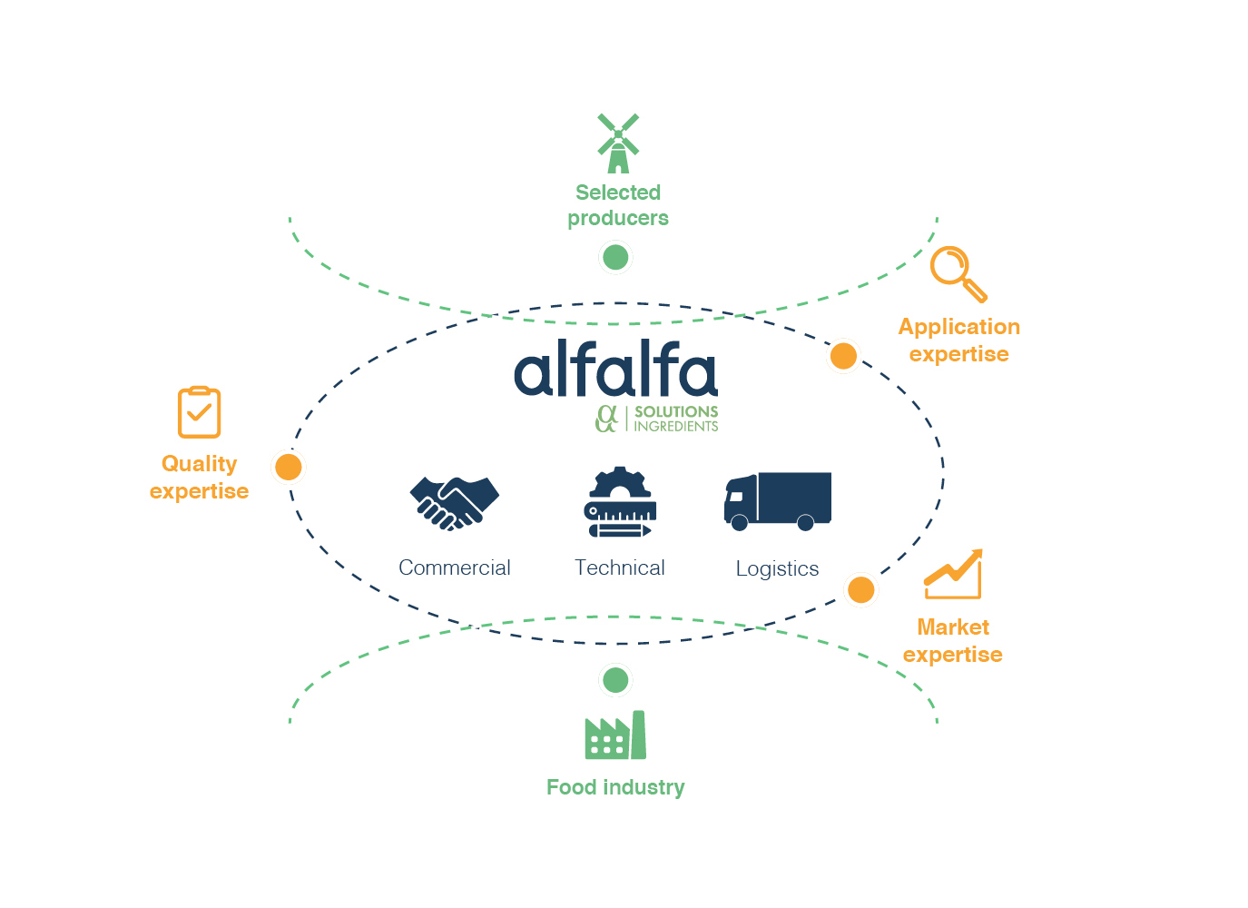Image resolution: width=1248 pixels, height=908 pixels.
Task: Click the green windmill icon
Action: coord(618,143)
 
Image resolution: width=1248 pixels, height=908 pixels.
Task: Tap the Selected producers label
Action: coord(618,205)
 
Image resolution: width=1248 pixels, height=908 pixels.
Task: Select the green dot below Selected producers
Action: coord(615,257)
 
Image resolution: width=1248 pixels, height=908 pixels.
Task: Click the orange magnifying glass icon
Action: coord(958,273)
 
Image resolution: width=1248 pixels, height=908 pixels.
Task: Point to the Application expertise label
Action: coord(959,340)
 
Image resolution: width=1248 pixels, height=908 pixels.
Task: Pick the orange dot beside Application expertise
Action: coord(843,356)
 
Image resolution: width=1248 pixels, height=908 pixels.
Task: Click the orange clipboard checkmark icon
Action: coord(199,412)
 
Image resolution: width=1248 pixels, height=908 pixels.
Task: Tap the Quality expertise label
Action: coord(199,478)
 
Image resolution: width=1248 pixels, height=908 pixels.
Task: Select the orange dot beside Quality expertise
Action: coord(288,467)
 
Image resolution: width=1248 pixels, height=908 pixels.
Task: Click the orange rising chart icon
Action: coord(953,574)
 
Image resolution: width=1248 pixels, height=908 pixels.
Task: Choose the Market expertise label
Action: coord(953,641)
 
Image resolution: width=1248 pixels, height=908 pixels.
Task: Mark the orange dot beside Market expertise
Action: coord(860,589)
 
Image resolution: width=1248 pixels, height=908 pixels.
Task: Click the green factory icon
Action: coord(615,735)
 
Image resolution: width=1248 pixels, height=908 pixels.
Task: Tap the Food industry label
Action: coord(615,787)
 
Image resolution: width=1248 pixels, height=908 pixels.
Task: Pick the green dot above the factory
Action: coord(615,679)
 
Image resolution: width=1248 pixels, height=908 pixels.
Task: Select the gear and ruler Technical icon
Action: coord(620,502)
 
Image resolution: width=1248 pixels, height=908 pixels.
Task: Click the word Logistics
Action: coord(777,569)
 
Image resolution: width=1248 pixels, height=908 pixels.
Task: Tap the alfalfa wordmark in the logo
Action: coord(615,370)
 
